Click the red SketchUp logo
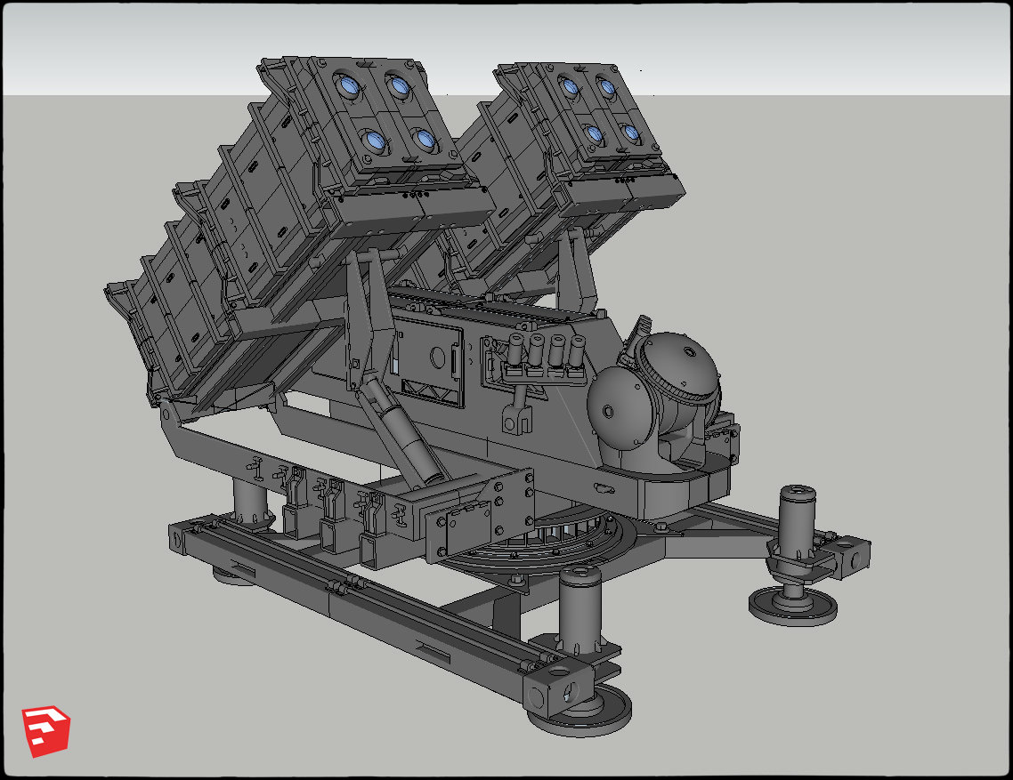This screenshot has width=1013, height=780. point(46,731)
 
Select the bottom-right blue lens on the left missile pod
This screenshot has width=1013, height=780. point(423,140)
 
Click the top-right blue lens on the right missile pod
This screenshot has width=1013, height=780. point(606,88)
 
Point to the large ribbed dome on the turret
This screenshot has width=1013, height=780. point(684,367)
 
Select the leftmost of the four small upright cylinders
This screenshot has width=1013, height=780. point(515,351)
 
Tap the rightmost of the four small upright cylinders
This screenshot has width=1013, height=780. point(577,351)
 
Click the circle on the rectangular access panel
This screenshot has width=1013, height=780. point(436,356)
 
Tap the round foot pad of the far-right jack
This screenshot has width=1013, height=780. point(792,607)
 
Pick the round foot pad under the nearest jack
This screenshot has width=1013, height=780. point(579,707)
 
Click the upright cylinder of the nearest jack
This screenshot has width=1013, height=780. point(579,613)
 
